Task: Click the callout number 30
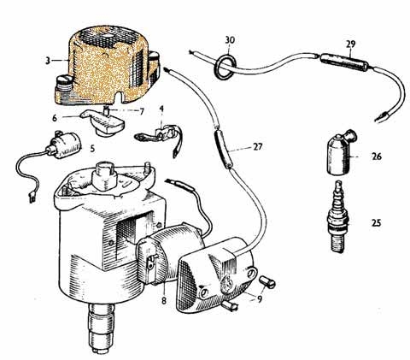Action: click(230, 40)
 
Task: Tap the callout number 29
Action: click(350, 44)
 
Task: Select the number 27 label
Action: click(257, 147)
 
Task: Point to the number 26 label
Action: click(376, 156)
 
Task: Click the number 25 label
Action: click(376, 222)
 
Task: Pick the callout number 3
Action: click(48, 61)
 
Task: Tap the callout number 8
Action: click(164, 300)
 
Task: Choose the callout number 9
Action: click(260, 298)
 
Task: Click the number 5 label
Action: click(92, 149)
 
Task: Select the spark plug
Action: click(339, 216)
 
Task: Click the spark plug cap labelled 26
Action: click(341, 152)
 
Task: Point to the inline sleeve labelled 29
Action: click(344, 62)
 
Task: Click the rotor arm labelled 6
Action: click(104, 122)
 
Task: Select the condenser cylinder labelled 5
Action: click(64, 145)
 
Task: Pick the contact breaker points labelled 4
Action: click(160, 137)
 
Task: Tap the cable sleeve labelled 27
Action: click(223, 148)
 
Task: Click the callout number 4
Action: click(161, 109)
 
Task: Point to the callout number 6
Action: click(55, 118)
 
